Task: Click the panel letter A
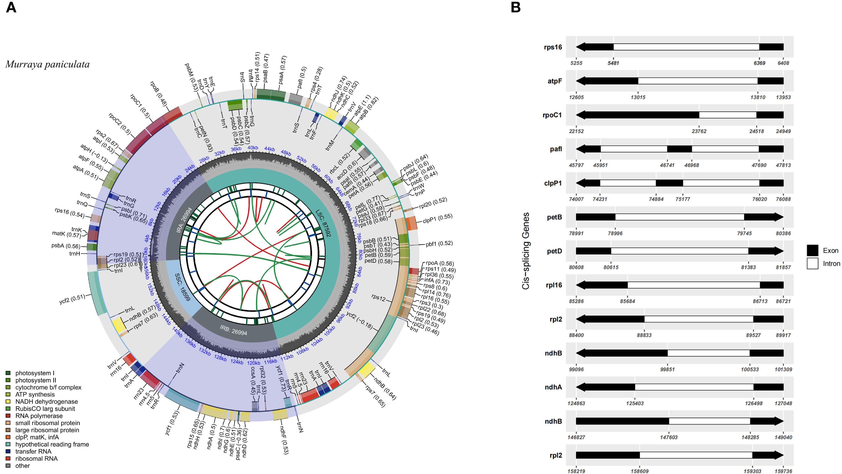11,7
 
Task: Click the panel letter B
515,7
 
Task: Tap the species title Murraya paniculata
47,64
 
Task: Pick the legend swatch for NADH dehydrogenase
8,402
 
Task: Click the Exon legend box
812,250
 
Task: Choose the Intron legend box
812,263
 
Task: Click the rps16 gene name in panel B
553,47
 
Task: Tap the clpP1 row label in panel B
553,183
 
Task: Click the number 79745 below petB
744,233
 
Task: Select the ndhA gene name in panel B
553,387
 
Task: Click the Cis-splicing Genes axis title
525,251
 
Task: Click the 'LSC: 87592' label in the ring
323,223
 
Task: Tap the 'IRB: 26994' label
233,330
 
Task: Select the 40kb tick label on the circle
253,148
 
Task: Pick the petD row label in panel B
554,251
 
